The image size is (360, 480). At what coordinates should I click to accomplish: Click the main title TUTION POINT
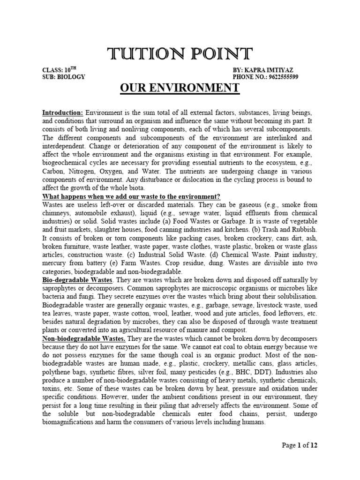(x=180, y=53)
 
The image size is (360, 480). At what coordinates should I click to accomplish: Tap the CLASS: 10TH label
(x=59, y=69)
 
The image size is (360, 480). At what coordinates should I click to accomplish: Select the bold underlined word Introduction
(x=63, y=113)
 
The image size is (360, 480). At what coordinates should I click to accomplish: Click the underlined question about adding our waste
(x=132, y=196)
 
